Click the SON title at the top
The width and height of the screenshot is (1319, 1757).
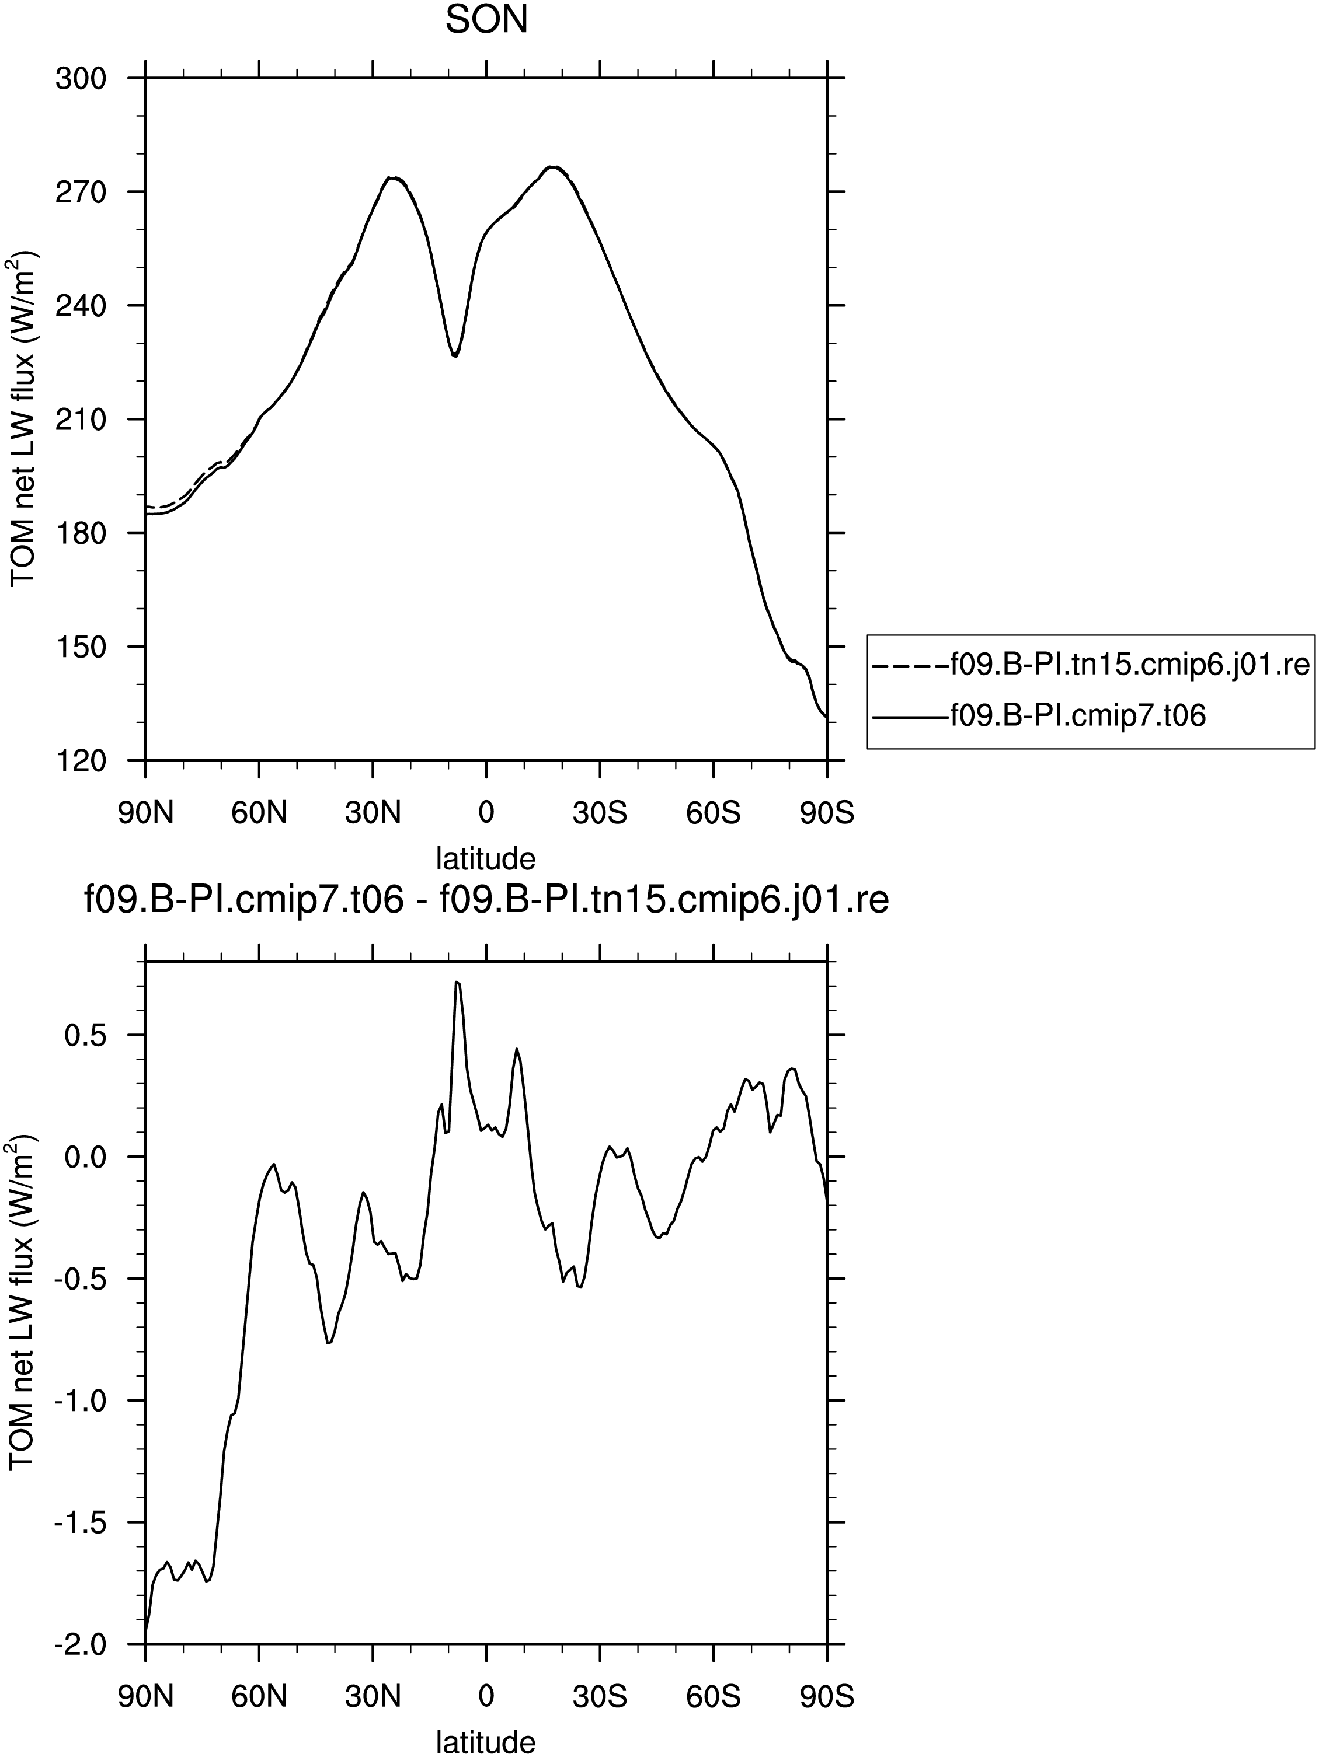(486, 20)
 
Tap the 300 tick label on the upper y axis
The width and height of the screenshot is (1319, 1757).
(81, 79)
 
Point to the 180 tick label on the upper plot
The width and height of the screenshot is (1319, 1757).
(81, 533)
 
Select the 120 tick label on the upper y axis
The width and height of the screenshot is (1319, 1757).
(81, 760)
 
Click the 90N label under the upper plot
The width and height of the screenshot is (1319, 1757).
(145, 813)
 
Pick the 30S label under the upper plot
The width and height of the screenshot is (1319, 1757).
(600, 813)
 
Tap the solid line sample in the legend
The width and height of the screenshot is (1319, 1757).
(911, 717)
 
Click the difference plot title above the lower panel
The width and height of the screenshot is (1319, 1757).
(486, 901)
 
